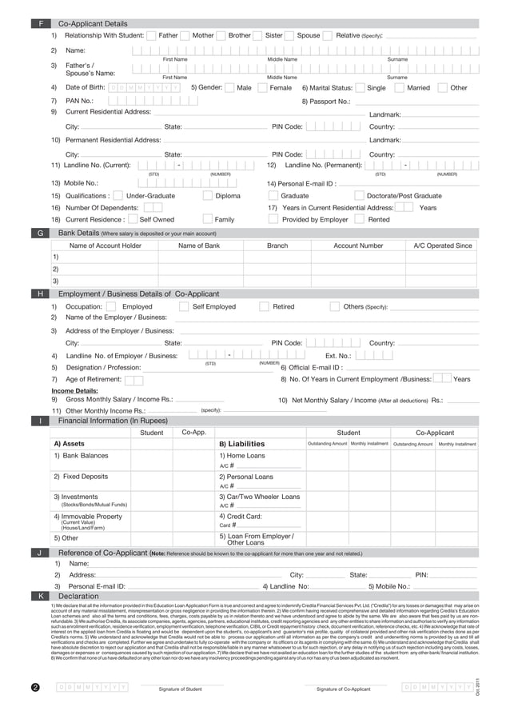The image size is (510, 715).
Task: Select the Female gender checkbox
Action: point(263,88)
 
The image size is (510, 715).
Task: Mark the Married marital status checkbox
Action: point(400,88)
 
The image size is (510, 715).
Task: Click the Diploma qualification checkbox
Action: point(208,195)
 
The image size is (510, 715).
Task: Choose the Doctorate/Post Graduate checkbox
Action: point(359,195)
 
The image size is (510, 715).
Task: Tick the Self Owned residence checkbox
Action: point(133,219)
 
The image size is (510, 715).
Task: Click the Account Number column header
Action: point(358,246)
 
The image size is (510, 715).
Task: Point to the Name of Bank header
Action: point(198,246)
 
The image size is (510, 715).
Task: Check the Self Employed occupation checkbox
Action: point(184,306)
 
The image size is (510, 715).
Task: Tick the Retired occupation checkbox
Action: point(264,306)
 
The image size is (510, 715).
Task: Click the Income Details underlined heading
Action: point(75,391)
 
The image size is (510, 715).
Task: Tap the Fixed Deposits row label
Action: point(81,477)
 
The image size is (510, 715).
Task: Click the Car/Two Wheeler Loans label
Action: point(260,497)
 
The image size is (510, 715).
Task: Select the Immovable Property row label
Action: point(88,517)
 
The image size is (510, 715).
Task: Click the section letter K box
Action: point(40,596)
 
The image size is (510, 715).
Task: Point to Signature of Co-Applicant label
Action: point(344,689)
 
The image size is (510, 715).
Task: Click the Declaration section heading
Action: point(79,596)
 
